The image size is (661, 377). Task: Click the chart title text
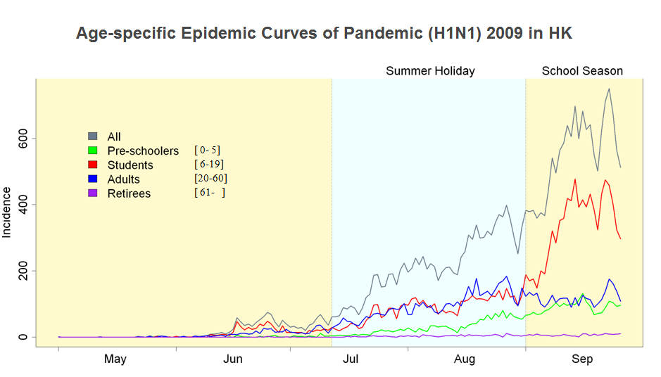(324, 34)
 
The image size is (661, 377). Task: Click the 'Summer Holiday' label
(430, 71)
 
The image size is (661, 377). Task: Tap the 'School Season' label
(582, 71)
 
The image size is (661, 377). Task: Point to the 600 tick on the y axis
(23, 138)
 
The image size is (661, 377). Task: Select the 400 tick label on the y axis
(23, 205)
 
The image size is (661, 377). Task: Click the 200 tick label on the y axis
(23, 271)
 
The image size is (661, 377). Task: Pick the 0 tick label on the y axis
(23, 337)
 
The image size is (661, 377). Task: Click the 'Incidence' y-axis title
(7, 212)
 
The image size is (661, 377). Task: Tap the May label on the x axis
(115, 359)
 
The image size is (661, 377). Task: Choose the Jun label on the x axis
(233, 359)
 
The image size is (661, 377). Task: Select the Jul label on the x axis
(350, 359)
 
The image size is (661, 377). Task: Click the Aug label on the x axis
(465, 359)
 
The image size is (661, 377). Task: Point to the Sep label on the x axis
(582, 359)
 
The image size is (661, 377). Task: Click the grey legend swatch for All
(92, 136)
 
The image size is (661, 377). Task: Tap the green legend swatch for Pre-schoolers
(92, 151)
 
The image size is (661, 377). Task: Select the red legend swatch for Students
(92, 165)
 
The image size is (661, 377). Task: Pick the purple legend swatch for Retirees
(92, 193)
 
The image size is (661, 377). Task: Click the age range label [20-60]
(210, 178)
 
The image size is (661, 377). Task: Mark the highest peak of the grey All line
(609, 89)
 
